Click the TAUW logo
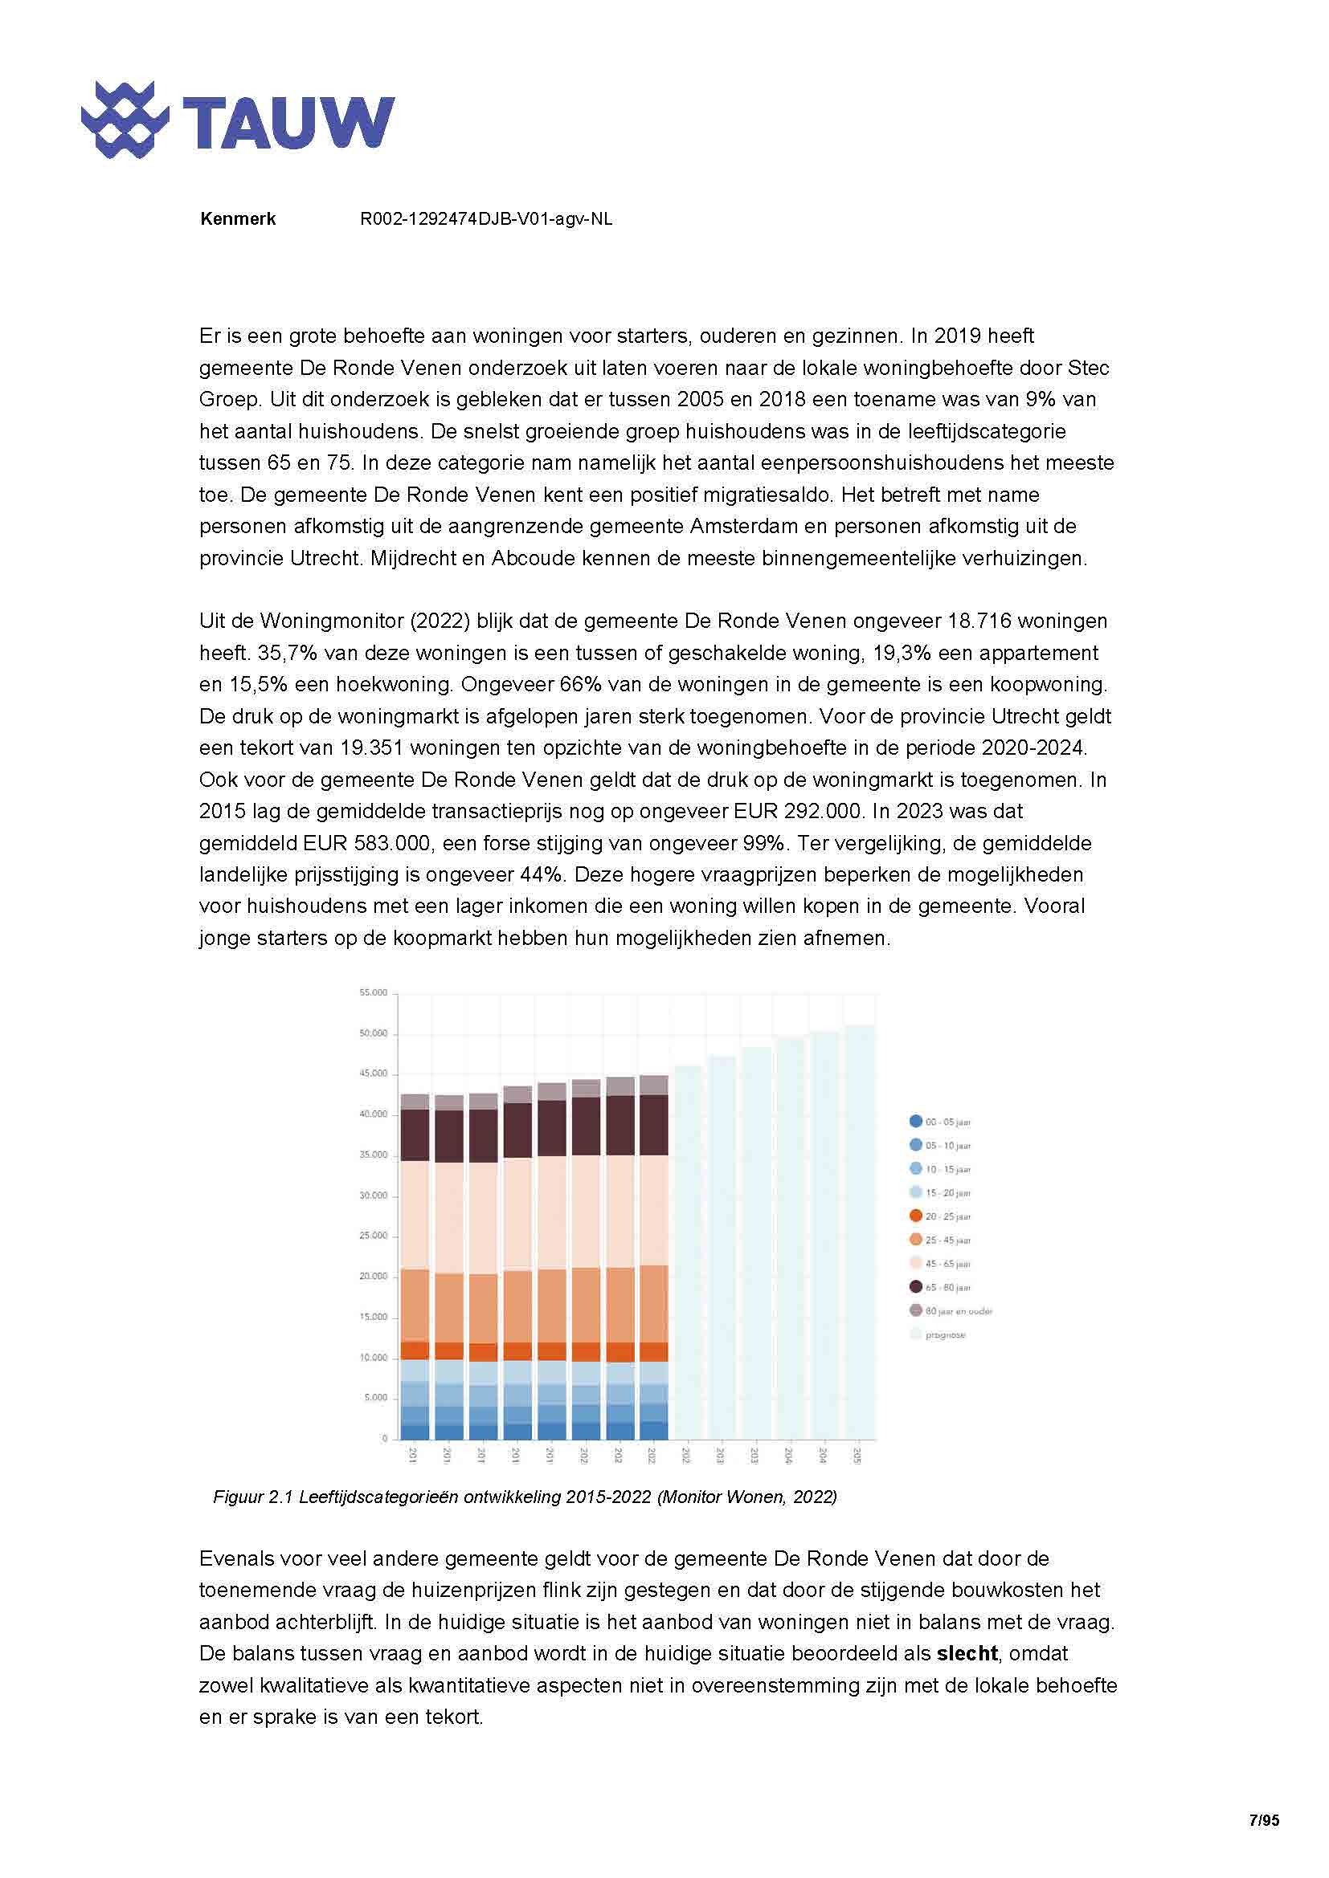coord(237,120)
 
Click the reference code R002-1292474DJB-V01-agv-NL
coord(486,219)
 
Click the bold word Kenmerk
coord(237,219)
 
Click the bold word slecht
coord(967,1653)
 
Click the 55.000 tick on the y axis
coord(373,993)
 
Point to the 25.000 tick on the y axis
coord(373,1236)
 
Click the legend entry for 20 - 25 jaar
coord(947,1216)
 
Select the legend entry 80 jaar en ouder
coord(958,1311)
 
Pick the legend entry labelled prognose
coord(944,1335)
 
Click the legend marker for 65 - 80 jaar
coord(917,1287)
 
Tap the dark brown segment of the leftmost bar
coord(415,1135)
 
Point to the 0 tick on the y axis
coord(385,1438)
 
